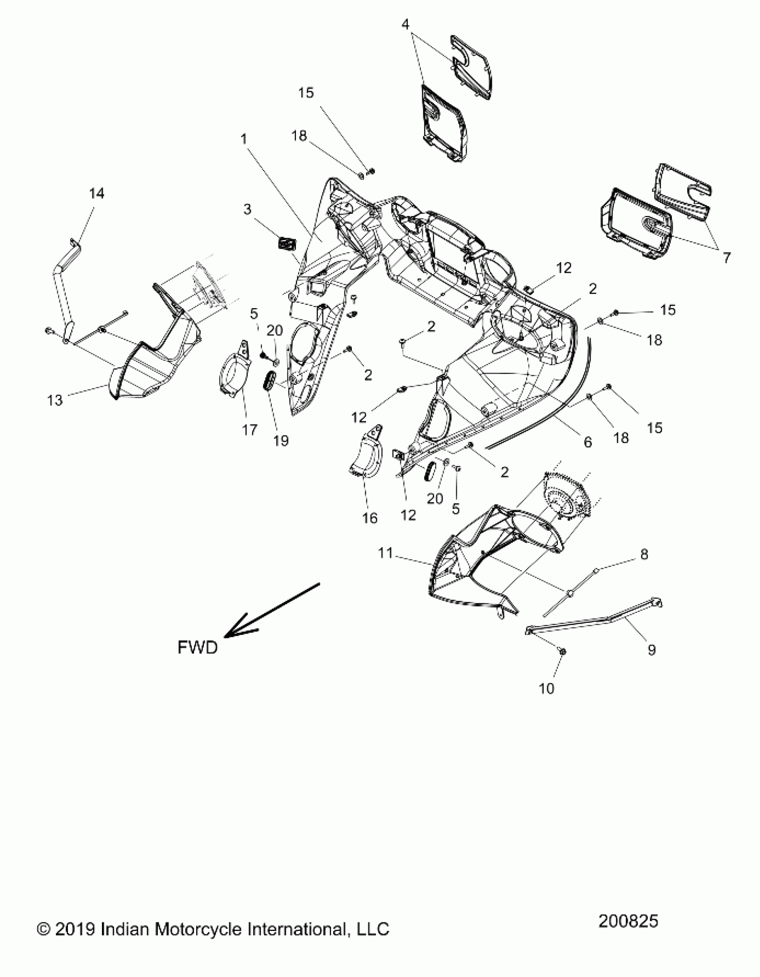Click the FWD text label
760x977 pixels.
pos(197,647)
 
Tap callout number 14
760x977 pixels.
pos(97,194)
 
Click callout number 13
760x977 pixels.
pos(55,400)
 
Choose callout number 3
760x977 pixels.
pos(247,209)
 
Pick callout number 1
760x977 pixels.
pos(244,139)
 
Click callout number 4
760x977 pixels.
pos(405,24)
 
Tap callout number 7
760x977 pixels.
pos(726,258)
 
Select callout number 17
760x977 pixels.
pos(249,430)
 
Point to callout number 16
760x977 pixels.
pos(370,518)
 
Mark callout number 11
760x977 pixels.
pos(385,554)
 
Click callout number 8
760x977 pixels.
pos(644,554)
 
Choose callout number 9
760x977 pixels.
pos(651,650)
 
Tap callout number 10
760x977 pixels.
pos(547,689)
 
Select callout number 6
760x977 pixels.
pos(588,442)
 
